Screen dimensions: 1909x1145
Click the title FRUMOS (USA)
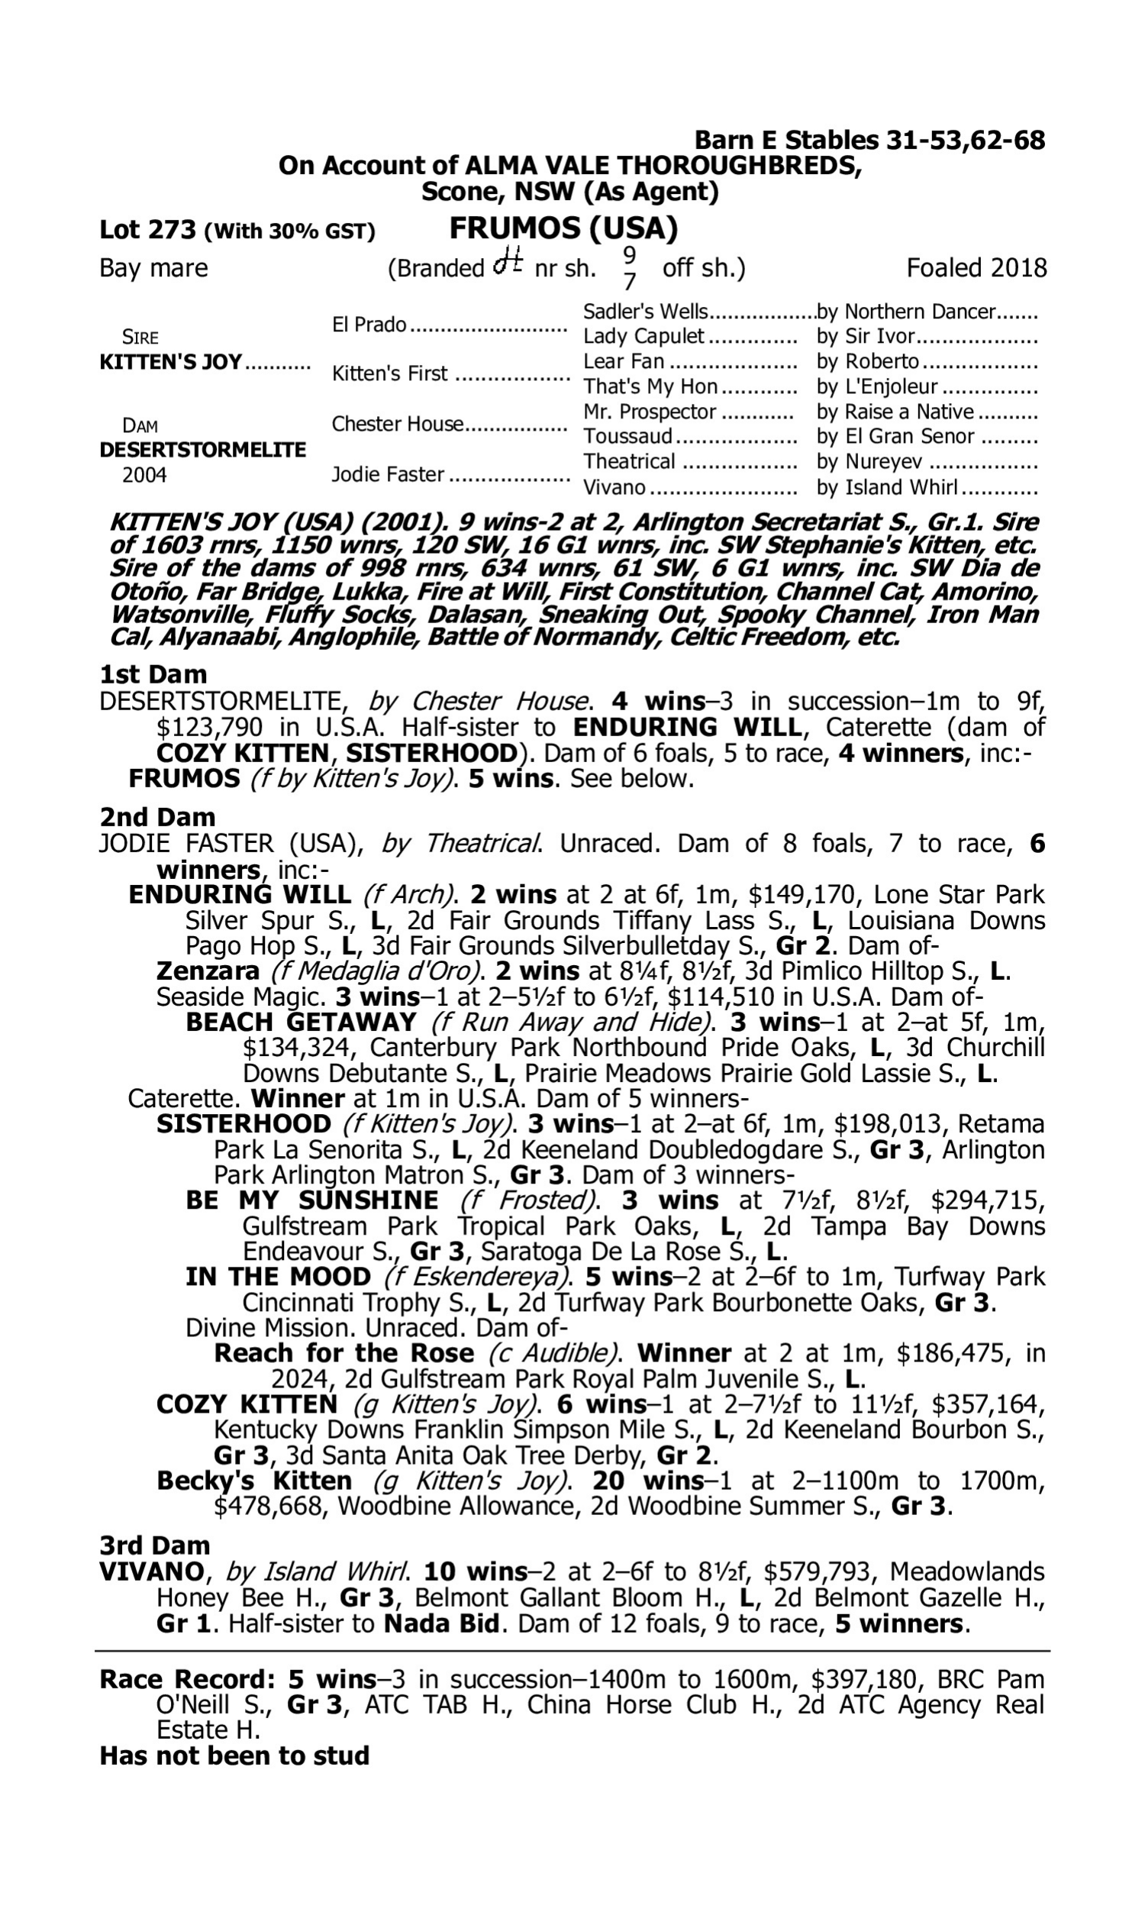(x=563, y=228)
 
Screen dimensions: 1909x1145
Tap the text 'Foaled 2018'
(x=976, y=268)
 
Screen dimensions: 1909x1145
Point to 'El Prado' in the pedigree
(x=369, y=325)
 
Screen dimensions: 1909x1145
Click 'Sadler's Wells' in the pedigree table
(x=645, y=312)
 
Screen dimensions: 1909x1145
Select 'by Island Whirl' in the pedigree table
(x=887, y=488)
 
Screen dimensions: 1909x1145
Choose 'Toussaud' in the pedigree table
(x=628, y=437)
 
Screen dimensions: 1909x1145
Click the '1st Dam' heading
(x=153, y=674)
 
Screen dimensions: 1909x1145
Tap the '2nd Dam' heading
(x=157, y=817)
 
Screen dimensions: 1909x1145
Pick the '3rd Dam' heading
(x=155, y=1546)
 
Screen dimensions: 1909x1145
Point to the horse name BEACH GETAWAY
(x=301, y=1022)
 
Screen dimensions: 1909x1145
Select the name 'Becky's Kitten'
(x=254, y=1481)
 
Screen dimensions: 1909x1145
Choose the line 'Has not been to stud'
(x=234, y=1756)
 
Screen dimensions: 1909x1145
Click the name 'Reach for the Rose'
(x=343, y=1353)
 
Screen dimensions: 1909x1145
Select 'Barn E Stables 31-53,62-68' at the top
(x=869, y=140)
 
